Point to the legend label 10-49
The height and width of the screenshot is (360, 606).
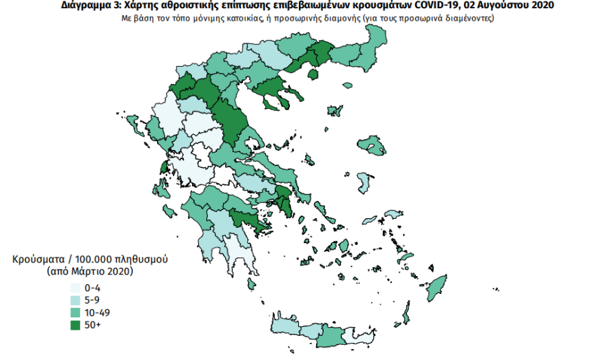[98, 312]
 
